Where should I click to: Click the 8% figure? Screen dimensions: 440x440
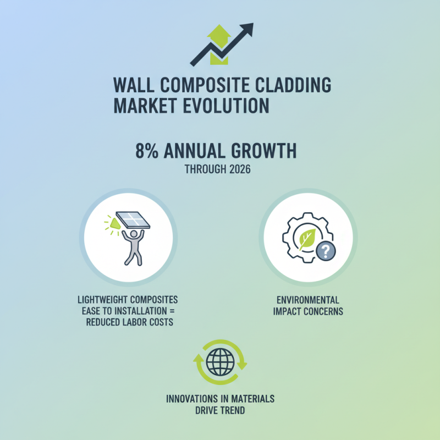(x=148, y=151)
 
